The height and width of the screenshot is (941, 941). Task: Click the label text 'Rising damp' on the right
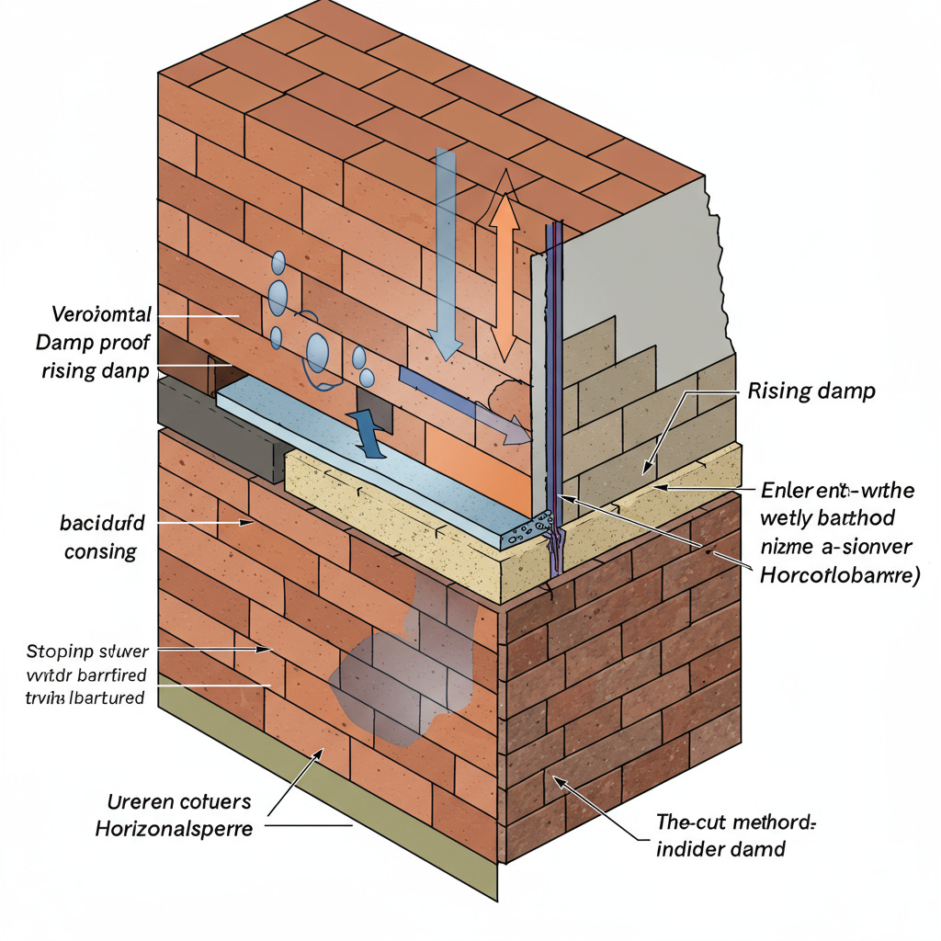point(811,391)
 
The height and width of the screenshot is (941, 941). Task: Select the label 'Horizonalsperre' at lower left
point(174,828)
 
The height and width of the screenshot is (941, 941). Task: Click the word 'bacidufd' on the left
point(102,526)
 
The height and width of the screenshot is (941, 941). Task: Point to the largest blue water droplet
point(318,352)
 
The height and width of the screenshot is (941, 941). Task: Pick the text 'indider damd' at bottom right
point(721,848)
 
